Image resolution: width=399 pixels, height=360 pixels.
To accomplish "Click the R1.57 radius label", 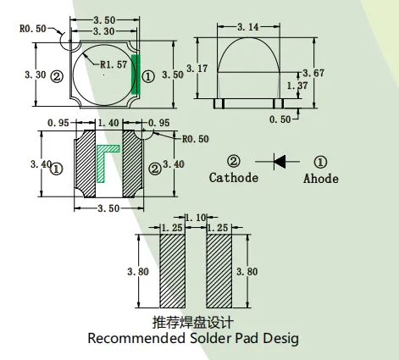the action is pos(114,64).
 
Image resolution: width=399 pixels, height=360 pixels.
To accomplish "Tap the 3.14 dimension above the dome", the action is pos(248,27).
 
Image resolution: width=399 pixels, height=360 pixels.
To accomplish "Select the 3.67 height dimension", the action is pos(313,73).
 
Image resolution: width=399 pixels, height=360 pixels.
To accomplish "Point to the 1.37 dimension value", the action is pos(297,86).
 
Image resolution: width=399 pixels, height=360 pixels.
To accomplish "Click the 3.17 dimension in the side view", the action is pos(197,69).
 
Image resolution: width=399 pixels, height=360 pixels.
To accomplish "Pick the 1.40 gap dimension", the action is pos(108,123).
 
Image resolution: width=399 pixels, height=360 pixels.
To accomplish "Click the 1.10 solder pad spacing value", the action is pos(196,218).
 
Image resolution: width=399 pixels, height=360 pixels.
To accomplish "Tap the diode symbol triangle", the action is pos(280,162).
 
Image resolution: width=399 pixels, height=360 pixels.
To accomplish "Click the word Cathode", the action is pos(234,178).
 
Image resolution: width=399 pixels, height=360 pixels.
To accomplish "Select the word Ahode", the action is pos(321,179).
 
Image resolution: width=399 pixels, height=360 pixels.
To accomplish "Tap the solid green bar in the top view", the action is pos(136,75).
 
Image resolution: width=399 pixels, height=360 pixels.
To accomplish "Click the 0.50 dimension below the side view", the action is pos(280,119).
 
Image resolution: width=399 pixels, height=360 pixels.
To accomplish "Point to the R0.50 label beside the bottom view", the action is pos(196,139).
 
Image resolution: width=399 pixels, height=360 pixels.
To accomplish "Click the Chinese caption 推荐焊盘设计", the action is pos(193,323).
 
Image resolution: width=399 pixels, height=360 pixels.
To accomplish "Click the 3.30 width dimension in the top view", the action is pos(104,31).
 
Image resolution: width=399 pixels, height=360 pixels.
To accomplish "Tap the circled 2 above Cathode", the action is pos(234,161).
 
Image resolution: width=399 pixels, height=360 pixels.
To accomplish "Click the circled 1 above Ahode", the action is pos(320,162).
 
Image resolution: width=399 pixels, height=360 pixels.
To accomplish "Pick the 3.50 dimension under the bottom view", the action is pos(108,208).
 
